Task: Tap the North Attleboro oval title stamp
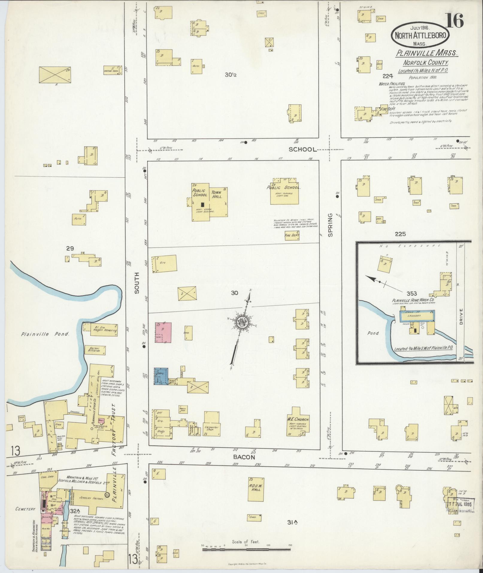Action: tap(420, 35)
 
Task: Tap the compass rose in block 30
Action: tap(241, 323)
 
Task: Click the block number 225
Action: tap(400, 234)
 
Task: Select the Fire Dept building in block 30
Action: tap(292, 236)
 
